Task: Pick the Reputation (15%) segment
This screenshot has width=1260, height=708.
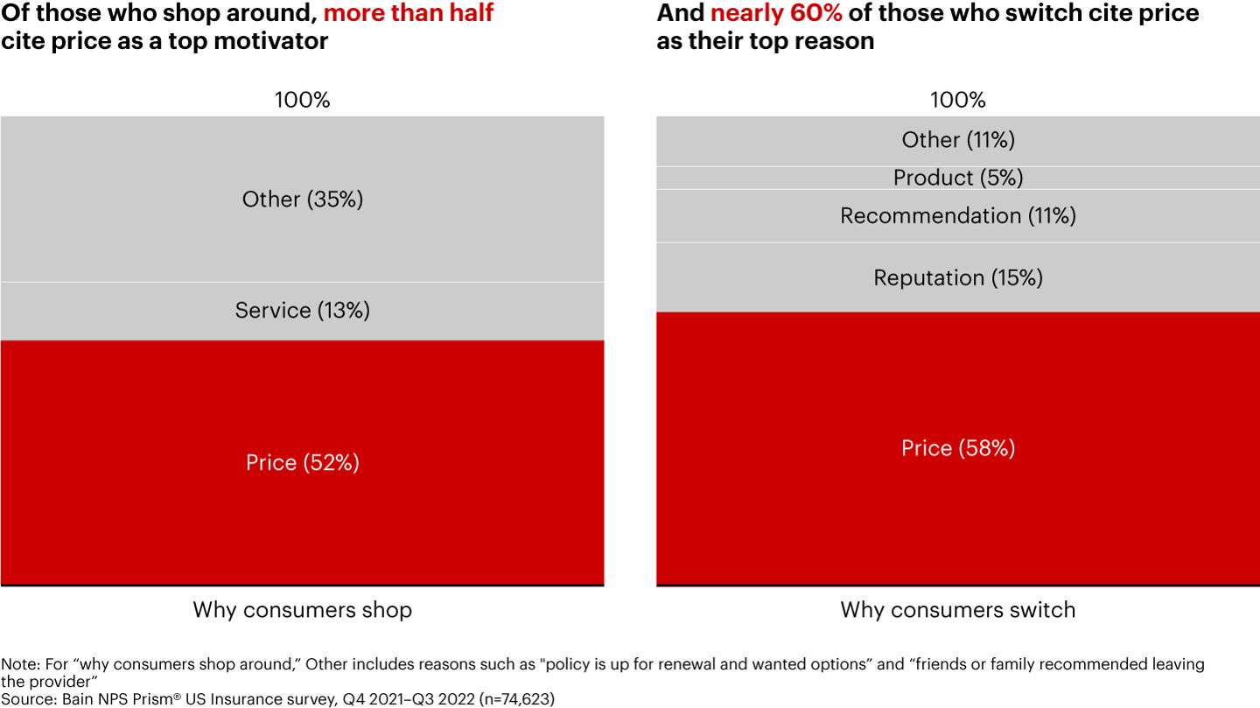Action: pos(958,277)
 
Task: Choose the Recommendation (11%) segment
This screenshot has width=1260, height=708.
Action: pos(958,215)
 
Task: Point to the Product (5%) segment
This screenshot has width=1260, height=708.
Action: pos(958,178)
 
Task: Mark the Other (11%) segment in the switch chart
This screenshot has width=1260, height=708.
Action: pos(958,140)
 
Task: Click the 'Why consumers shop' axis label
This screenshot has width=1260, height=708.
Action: pos(302,610)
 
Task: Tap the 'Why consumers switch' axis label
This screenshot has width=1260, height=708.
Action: pos(958,610)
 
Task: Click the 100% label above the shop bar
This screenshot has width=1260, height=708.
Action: pos(302,100)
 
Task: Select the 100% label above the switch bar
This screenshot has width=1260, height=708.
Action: pos(958,100)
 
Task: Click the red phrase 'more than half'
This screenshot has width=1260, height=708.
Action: pos(409,13)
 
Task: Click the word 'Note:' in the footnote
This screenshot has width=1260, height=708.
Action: pos(17,664)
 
